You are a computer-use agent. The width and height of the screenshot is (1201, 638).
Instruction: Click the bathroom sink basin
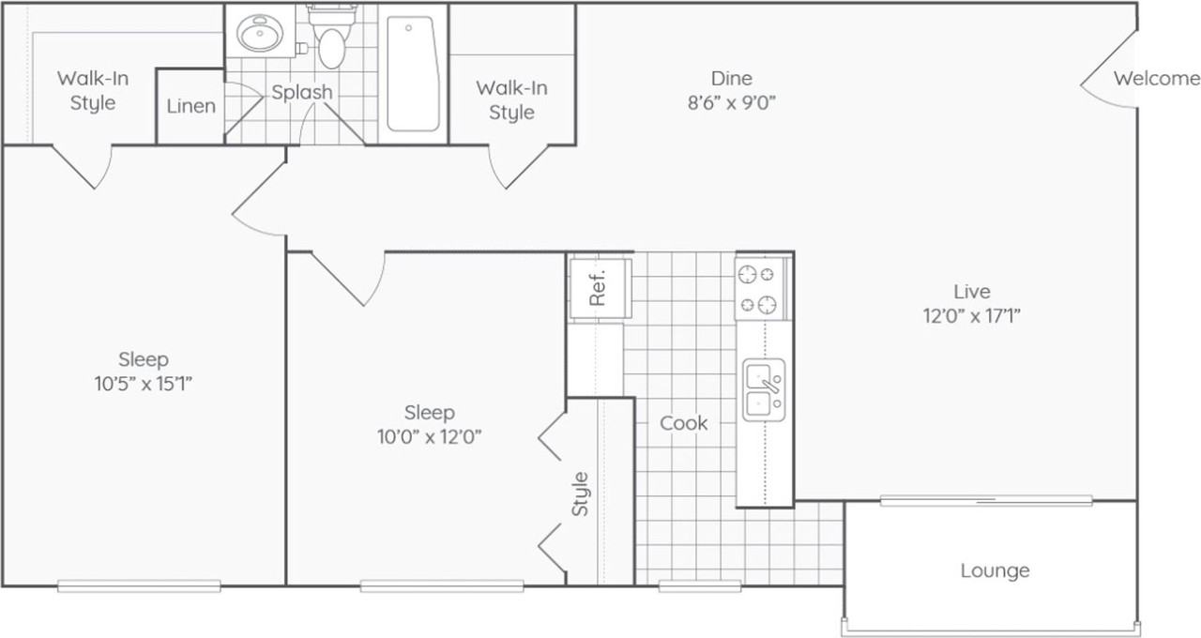[x=260, y=33]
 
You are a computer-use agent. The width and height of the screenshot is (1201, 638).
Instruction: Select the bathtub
[x=413, y=74]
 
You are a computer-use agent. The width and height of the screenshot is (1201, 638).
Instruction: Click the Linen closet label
[x=190, y=106]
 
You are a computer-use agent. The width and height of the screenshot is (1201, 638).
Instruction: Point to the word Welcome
[x=1157, y=79]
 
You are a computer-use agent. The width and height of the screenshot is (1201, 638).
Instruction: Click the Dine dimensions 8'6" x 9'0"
[x=731, y=103]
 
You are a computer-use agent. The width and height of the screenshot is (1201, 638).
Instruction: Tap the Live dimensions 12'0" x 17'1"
[x=971, y=316]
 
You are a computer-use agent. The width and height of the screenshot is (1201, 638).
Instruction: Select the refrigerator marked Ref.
[x=600, y=288]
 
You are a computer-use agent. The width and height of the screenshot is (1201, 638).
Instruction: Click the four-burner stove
[x=761, y=290]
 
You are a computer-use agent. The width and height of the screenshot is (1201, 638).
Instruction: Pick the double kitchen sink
[x=764, y=389]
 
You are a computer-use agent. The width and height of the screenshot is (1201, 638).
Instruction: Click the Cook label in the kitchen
[x=683, y=423]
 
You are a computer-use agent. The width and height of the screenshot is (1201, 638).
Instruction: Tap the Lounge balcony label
[x=995, y=570]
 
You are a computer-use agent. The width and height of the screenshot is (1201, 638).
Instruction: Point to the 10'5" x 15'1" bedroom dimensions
[x=144, y=384]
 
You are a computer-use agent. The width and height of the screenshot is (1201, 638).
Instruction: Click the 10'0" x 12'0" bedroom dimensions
[x=429, y=437]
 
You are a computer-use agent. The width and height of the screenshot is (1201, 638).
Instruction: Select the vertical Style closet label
[x=580, y=494]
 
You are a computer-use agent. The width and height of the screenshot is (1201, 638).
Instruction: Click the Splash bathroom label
[x=302, y=92]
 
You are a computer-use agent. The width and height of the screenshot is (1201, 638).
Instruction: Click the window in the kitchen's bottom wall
[x=700, y=586]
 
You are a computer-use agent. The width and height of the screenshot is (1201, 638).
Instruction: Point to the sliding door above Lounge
[x=986, y=501]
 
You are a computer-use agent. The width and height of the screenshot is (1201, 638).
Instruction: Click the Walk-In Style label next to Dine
[x=511, y=100]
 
